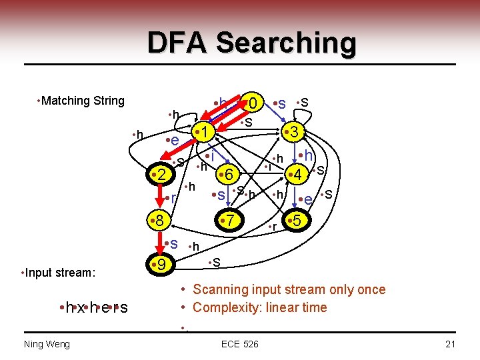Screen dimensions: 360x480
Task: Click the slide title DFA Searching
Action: [x=252, y=43]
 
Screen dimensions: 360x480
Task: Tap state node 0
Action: [x=253, y=103]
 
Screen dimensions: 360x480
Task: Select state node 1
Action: [x=206, y=131]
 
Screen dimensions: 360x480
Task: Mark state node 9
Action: [x=162, y=265]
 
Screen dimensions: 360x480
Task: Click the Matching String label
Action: [x=82, y=101]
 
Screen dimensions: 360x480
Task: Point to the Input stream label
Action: [x=59, y=273]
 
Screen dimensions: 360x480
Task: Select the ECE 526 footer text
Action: [x=241, y=343]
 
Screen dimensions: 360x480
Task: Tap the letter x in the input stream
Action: [x=80, y=307]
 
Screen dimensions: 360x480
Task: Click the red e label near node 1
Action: [x=175, y=140]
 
